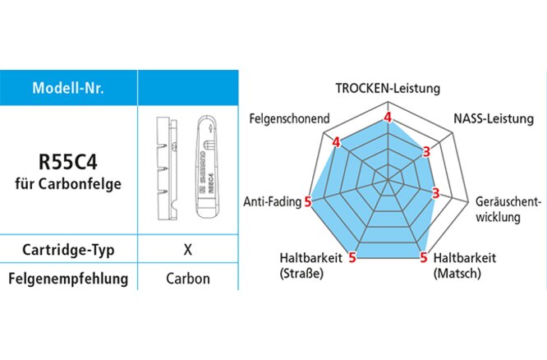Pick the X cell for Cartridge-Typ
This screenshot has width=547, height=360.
click(187, 250)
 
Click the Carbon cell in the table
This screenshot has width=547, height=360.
click(187, 279)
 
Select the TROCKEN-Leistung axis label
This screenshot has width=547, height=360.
click(388, 87)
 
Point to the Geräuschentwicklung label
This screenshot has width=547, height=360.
click(508, 210)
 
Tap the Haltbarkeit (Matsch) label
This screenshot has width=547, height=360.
click(464, 265)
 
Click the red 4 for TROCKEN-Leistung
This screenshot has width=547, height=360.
click(388, 118)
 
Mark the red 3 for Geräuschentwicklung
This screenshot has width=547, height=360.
click(436, 194)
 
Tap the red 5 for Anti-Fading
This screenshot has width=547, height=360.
click(308, 201)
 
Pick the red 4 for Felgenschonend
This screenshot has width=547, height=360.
click(337, 143)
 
